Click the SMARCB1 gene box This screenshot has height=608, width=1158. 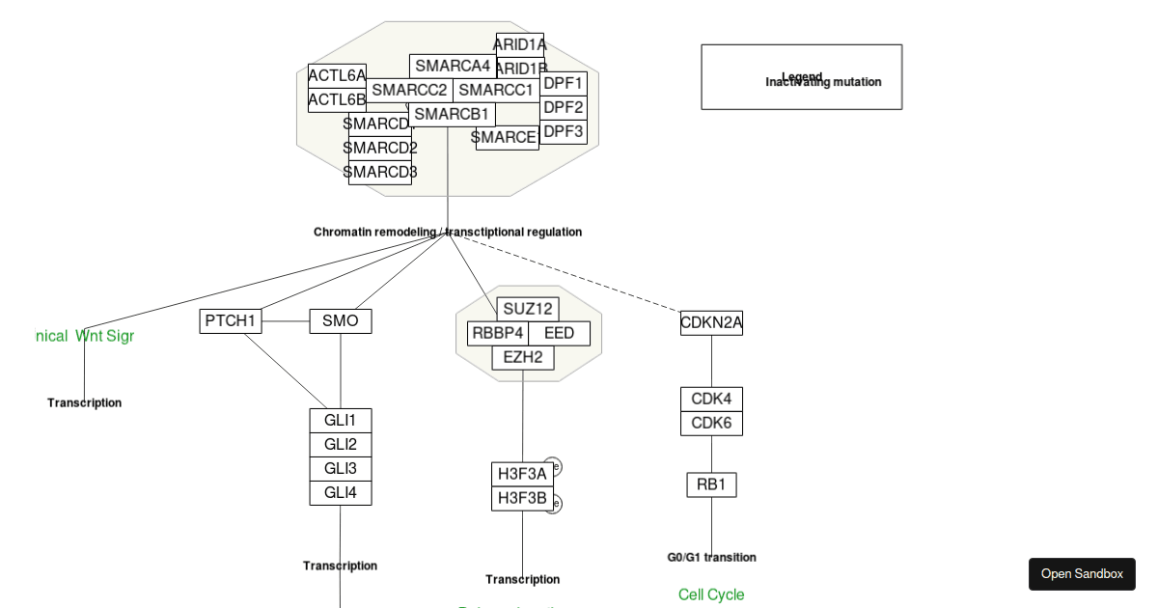click(x=452, y=114)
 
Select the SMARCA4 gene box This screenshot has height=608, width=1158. click(x=453, y=66)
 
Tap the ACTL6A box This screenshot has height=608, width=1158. click(x=337, y=75)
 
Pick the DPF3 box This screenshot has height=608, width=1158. click(x=564, y=132)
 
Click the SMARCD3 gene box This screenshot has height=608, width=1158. click(x=379, y=173)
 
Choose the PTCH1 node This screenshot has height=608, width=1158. click(x=231, y=320)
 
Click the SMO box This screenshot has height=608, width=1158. click(x=340, y=320)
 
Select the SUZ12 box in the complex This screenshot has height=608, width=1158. click(x=528, y=309)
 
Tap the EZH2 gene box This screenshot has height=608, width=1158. click(x=523, y=358)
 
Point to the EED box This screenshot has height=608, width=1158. click(x=559, y=334)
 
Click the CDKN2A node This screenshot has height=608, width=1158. click(x=711, y=323)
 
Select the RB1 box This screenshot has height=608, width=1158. click(x=711, y=484)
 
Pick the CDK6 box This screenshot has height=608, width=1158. click(x=711, y=424)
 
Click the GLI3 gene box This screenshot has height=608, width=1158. click(x=340, y=469)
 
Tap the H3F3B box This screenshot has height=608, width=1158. click(x=522, y=499)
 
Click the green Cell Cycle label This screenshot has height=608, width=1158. click(x=711, y=594)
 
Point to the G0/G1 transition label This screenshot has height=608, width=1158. click(x=711, y=557)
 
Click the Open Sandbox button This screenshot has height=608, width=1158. click(x=1082, y=574)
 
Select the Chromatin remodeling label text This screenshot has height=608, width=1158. click(x=448, y=232)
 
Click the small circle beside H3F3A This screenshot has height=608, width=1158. click(x=553, y=467)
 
